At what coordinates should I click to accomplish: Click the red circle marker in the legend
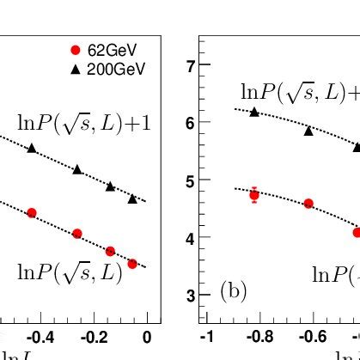click(x=75, y=51)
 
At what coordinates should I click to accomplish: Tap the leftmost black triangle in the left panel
click(x=32, y=148)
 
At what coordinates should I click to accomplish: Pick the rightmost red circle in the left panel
click(x=132, y=264)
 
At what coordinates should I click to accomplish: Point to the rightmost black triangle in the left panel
click(x=132, y=198)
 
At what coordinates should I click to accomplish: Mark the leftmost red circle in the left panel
click(x=32, y=212)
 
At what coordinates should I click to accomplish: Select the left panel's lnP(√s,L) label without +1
click(x=70, y=272)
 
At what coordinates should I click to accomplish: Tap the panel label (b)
click(x=234, y=291)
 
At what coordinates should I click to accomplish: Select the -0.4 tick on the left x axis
click(x=41, y=336)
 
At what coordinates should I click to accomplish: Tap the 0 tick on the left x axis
click(x=147, y=336)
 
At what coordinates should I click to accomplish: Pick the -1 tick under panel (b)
click(x=205, y=336)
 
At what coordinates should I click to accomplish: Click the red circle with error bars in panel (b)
click(x=254, y=195)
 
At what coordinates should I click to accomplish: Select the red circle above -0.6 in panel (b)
click(x=308, y=204)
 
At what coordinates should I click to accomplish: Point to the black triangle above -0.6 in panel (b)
click(x=308, y=131)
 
